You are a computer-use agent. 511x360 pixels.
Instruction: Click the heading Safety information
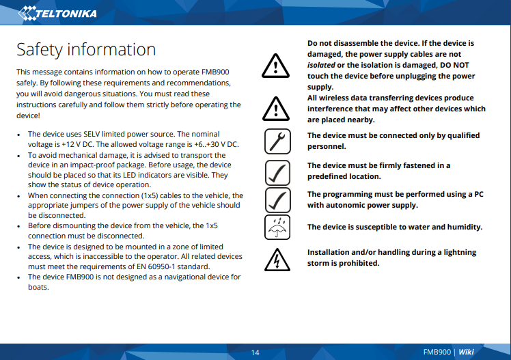click(86, 49)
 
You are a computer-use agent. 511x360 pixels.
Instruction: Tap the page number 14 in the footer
click(255, 352)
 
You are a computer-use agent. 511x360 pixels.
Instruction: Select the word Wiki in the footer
click(466, 352)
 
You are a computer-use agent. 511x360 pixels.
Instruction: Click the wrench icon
click(276, 141)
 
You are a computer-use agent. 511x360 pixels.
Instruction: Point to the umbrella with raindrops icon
click(276, 227)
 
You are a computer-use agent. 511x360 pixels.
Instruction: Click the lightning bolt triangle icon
click(276, 258)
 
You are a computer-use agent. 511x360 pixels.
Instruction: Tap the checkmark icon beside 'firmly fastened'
click(276, 171)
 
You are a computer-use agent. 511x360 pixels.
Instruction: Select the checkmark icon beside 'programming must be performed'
click(276, 199)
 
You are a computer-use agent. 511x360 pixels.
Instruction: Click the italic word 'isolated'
click(321, 65)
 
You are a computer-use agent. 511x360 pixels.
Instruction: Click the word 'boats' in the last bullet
click(38, 287)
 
